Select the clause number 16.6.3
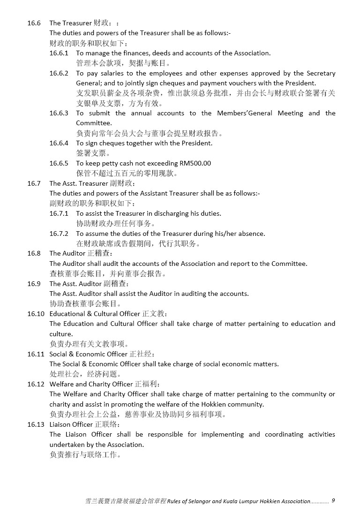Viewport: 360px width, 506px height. (59, 113)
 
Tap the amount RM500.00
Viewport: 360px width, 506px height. (195, 163)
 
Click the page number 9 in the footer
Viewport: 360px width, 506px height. (333, 500)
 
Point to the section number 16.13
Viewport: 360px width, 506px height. (36, 424)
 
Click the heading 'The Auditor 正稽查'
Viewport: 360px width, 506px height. (81, 253)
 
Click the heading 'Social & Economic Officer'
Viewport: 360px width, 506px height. (89, 354)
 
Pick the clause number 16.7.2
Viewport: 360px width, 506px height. (59, 234)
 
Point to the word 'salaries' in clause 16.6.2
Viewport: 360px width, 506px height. (111, 73)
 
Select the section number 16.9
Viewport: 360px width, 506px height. (34, 284)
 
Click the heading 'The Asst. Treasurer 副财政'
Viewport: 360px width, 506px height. (92, 183)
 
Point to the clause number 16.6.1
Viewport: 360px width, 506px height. (59, 53)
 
